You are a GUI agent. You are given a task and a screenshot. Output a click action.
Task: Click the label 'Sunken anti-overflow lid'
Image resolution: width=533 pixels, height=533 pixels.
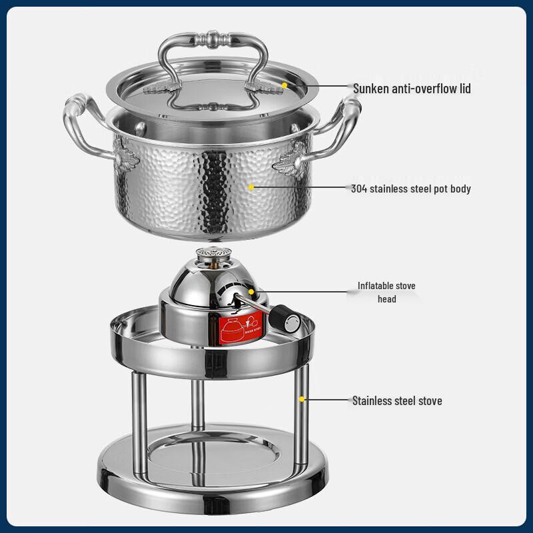(x=412, y=88)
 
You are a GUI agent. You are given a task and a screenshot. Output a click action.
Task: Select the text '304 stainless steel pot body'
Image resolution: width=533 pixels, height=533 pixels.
(x=410, y=189)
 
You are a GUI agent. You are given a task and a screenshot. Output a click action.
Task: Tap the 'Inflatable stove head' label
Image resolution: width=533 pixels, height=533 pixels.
(x=386, y=292)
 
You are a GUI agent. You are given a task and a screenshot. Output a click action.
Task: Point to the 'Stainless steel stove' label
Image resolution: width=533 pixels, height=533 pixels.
(x=397, y=400)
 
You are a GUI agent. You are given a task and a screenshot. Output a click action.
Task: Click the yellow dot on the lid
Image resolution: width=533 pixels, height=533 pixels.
(x=284, y=85)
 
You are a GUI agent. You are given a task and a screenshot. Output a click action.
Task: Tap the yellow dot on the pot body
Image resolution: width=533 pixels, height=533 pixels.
(x=252, y=187)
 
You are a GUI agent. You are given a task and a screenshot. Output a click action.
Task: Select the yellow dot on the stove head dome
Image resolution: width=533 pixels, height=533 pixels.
(x=252, y=291)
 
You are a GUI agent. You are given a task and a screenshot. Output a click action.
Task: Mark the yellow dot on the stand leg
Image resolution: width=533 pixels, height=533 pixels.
(x=302, y=399)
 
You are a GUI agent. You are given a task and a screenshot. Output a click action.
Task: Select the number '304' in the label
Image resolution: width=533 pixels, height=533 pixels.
(x=360, y=189)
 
